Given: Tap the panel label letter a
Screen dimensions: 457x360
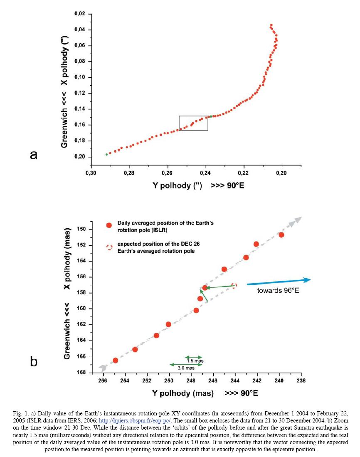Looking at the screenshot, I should tap(34, 155).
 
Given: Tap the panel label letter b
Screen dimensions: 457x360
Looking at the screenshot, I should tap(34, 361).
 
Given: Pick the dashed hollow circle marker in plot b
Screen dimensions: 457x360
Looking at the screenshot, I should tap(234, 286).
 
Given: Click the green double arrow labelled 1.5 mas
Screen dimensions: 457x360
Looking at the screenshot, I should tap(193, 357).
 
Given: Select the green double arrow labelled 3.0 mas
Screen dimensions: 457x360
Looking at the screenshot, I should tap(186, 364).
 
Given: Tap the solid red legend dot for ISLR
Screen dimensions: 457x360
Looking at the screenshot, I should tap(109, 225).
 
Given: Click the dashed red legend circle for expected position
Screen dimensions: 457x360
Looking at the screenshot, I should tap(109, 247).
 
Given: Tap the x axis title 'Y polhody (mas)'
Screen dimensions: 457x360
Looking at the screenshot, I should tap(183, 393).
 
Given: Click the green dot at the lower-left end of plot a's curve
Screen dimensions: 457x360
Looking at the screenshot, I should tap(106, 154).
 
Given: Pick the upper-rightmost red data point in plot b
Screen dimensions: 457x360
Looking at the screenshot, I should tap(281, 235).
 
